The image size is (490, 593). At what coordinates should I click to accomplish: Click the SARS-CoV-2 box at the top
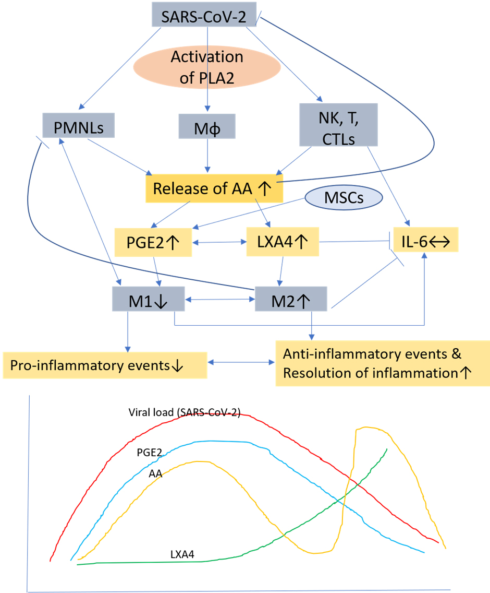point(204,15)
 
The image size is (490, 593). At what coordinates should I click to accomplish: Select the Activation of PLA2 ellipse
point(207,67)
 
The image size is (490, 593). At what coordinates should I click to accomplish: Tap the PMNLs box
point(79,125)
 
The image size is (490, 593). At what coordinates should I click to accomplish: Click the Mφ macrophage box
point(207,126)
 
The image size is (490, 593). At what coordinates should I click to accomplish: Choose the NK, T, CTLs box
point(338,125)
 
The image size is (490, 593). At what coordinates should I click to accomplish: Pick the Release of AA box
point(214,188)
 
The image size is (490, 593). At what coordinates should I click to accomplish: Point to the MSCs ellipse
point(344,197)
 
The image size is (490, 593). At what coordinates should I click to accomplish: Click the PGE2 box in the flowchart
point(153,242)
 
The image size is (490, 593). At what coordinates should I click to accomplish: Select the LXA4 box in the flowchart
point(283,242)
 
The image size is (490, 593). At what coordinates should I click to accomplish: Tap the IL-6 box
point(426,240)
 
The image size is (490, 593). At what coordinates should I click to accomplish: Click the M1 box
point(149,299)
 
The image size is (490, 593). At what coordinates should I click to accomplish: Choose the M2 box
point(291,299)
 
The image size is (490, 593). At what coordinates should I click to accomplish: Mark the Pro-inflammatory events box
point(105,365)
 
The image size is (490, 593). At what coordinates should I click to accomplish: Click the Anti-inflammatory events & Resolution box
point(383,363)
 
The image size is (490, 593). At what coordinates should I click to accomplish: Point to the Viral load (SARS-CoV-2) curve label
point(185,412)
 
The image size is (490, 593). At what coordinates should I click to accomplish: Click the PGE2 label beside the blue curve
point(149,452)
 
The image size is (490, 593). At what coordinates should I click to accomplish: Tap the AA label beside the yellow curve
point(155,473)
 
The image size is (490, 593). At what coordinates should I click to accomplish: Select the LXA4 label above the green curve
point(182,554)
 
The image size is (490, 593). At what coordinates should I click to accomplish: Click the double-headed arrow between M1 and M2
point(220,300)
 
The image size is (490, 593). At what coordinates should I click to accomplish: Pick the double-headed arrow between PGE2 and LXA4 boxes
point(219,242)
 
